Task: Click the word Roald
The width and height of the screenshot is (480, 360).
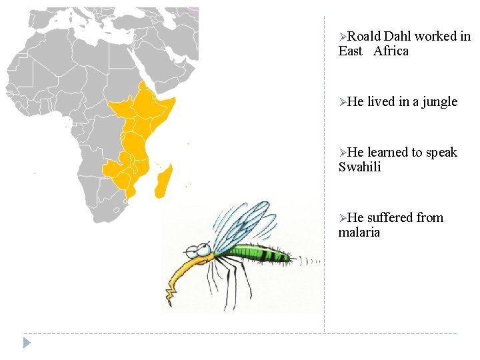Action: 364,37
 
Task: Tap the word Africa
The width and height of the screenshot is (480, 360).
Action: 391,51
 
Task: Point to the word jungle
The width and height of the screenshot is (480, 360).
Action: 440,102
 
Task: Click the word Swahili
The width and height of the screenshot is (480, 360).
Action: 360,167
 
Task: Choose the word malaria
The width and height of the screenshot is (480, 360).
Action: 359,233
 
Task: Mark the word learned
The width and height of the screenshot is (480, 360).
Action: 389,153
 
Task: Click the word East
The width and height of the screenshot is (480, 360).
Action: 351,51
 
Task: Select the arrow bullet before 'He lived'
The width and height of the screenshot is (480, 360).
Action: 343,103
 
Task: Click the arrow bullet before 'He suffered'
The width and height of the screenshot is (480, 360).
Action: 343,219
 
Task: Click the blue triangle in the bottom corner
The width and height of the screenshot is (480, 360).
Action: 27,343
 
